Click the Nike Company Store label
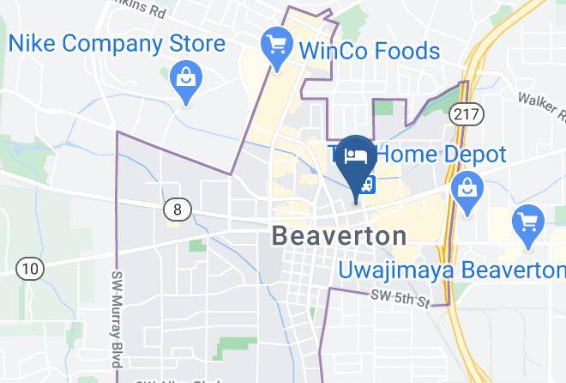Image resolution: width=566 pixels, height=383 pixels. click(x=117, y=43)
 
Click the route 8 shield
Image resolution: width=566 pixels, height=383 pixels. click(x=178, y=208)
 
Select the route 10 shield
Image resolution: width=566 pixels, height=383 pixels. click(x=31, y=269)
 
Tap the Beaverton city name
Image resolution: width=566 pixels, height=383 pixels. click(x=339, y=235)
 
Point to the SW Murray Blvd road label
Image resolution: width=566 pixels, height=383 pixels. click(x=117, y=318)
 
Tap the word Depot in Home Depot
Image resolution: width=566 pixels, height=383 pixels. click(x=474, y=155)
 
